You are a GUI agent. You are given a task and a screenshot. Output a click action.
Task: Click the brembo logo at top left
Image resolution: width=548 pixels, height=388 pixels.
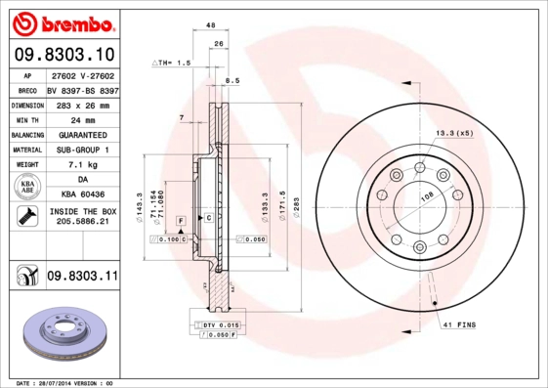click(61, 22)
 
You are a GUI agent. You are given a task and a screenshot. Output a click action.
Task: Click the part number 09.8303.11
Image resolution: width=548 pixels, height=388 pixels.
click(82, 278)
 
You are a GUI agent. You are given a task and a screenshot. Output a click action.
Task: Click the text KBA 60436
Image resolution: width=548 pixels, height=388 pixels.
click(82, 195)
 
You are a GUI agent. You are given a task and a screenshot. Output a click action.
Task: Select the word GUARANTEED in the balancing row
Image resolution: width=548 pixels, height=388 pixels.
click(82, 135)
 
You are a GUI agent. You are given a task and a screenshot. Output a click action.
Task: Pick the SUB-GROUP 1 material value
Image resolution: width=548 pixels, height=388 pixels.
click(82, 150)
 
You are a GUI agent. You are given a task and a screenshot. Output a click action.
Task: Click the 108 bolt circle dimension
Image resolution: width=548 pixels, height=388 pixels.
click(426, 196)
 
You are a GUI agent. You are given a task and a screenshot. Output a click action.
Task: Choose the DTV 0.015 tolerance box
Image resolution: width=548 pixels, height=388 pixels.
click(221, 323)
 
